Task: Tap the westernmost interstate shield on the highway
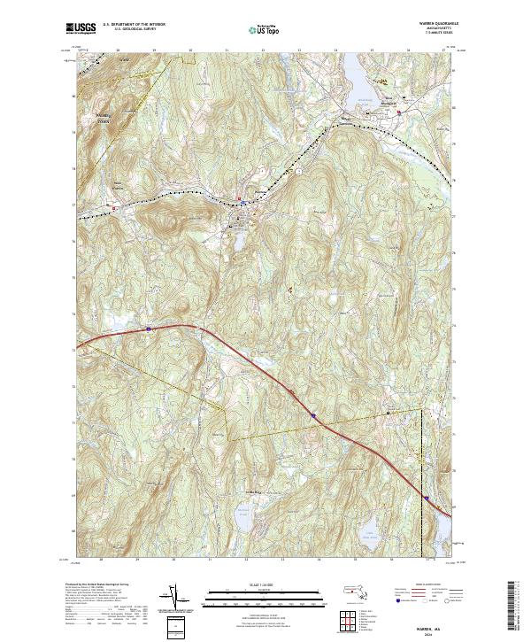point(149,329)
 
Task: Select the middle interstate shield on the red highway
point(313,414)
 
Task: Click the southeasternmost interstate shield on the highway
point(425,499)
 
